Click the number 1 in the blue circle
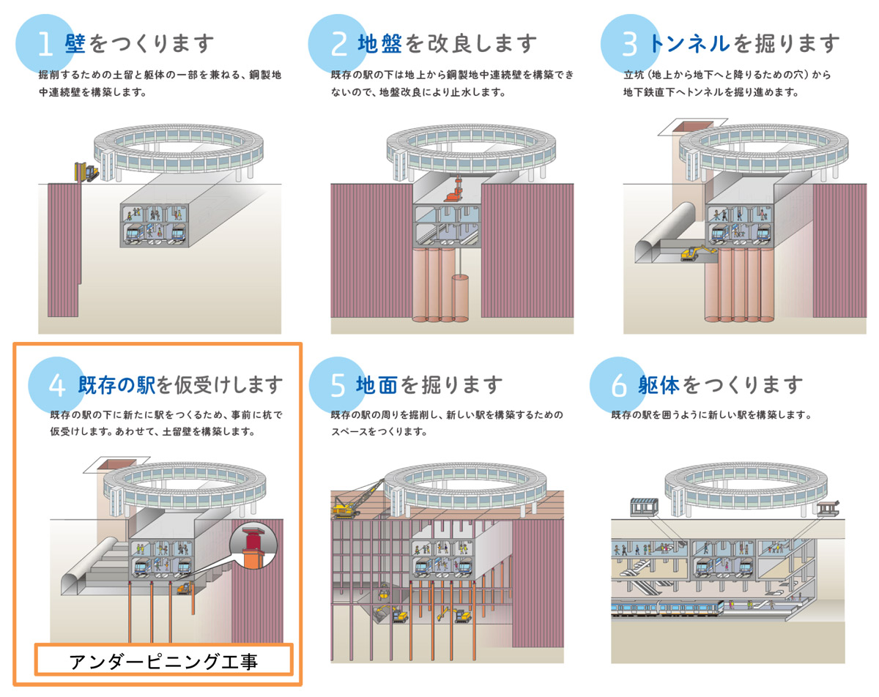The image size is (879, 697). (45, 44)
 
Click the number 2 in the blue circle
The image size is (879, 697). (338, 44)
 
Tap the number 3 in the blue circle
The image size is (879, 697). (631, 44)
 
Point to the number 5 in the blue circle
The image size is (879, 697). (338, 385)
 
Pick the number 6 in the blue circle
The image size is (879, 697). (619, 385)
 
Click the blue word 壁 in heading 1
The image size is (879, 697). (75, 44)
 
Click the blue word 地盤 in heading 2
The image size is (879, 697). (379, 44)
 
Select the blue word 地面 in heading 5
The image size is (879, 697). (377, 384)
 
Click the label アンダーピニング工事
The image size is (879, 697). (165, 662)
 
